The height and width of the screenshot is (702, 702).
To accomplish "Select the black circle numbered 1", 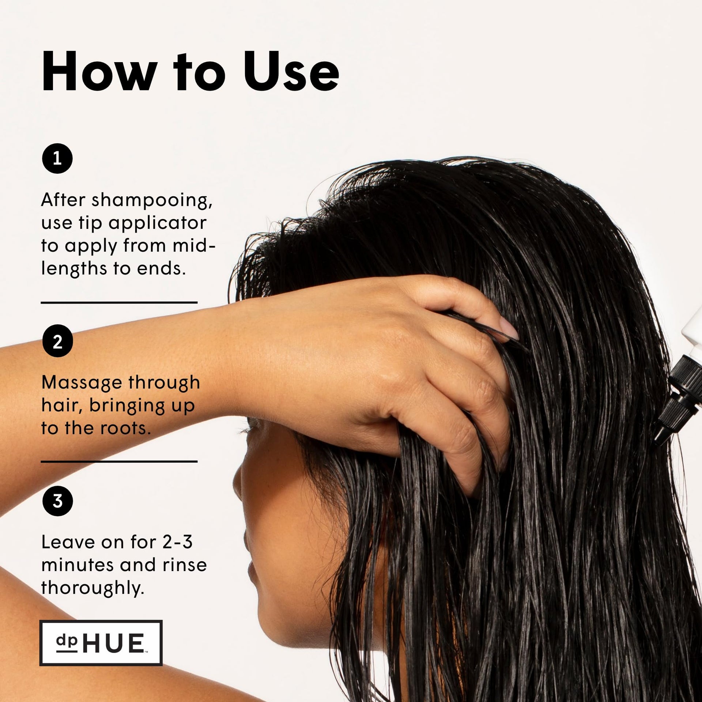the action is (57, 158).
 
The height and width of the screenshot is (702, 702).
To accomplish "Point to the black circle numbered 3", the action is (57, 501).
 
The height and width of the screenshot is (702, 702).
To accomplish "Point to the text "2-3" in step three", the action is (177, 542).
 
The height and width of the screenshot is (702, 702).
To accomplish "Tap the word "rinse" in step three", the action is (185, 565).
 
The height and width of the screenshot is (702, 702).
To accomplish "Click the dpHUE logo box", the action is (101, 643).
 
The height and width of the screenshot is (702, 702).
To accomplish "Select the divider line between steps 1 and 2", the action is (119, 303).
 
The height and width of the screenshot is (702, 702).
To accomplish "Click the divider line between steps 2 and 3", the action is (119, 461).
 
